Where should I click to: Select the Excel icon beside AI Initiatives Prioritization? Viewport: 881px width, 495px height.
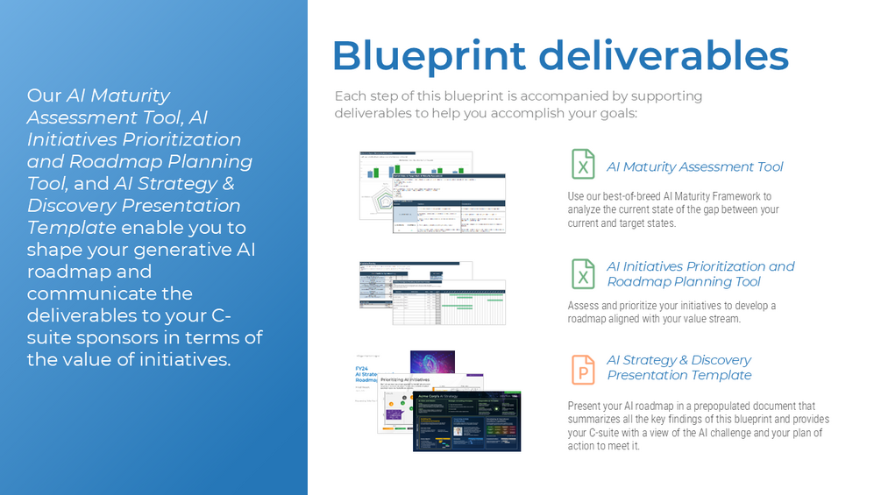(583, 273)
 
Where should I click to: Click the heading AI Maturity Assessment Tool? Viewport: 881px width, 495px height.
(694, 166)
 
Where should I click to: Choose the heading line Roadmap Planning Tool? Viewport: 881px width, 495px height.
(684, 282)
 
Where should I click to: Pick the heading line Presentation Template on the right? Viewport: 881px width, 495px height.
(679, 375)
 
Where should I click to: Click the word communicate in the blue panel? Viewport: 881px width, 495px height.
(78, 293)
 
